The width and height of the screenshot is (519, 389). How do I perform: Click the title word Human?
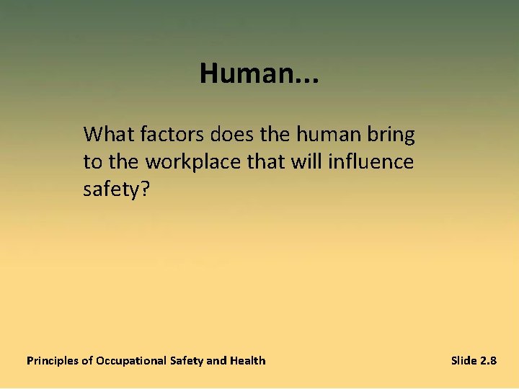point(244,73)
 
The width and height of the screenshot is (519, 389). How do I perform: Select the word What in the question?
point(107,135)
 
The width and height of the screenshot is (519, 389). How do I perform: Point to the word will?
point(311,162)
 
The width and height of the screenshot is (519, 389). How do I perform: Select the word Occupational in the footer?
point(131,361)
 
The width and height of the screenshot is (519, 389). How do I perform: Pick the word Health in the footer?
point(247,360)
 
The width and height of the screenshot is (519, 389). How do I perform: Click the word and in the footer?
point(216,360)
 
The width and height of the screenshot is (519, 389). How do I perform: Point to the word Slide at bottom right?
point(463,360)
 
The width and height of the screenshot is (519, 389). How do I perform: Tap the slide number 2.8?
point(488,360)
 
